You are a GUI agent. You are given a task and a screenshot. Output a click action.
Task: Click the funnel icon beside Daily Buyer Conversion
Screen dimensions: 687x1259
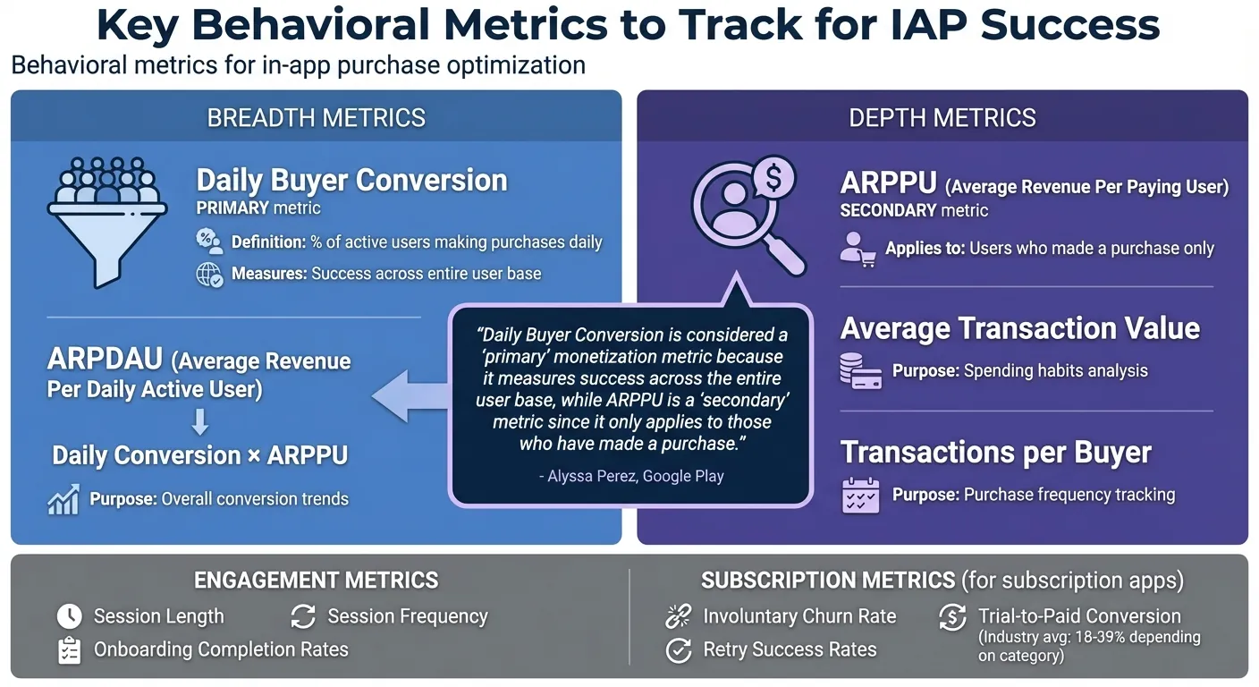[x=106, y=220]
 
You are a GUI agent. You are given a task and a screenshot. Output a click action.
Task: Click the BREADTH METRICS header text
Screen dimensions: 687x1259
[x=316, y=117]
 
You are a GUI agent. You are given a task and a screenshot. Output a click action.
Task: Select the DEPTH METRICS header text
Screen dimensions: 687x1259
[x=942, y=117]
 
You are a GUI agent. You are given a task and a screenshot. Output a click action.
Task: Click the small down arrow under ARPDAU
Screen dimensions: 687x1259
[x=199, y=421]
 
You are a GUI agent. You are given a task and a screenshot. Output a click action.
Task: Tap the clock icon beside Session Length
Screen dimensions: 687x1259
[x=69, y=616]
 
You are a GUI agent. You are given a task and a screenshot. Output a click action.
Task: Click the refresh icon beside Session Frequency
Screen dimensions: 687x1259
[x=303, y=616]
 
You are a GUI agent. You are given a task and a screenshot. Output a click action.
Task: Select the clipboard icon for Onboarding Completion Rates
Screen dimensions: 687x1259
[x=69, y=649]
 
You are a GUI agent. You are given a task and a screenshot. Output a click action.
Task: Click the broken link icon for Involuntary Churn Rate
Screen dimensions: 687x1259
[x=680, y=616]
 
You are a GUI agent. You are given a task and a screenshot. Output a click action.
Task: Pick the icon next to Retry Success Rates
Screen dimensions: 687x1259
[x=680, y=650]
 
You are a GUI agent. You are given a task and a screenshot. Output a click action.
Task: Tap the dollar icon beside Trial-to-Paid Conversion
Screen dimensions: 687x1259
[x=952, y=617]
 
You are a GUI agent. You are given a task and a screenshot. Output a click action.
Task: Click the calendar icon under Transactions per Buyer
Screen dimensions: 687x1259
[x=860, y=495]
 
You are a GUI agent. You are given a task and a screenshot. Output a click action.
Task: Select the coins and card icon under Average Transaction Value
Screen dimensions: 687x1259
[x=860, y=370]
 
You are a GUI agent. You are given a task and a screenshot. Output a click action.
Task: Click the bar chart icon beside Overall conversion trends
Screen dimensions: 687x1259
[x=63, y=499]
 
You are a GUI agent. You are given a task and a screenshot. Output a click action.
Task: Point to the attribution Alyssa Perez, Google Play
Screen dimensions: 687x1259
[x=631, y=476]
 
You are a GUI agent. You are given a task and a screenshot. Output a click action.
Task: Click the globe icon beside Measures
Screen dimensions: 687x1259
[x=209, y=274]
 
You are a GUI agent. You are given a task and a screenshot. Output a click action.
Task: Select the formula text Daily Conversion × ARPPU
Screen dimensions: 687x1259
[x=199, y=454]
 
